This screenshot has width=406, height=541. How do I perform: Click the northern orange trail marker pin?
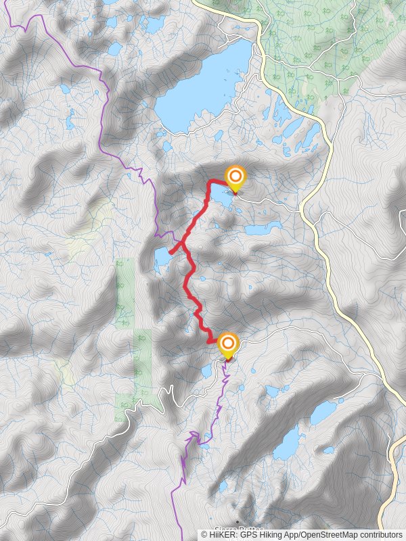[235, 179]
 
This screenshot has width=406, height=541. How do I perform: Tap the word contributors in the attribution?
[378, 534]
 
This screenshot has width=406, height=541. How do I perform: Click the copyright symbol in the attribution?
[204, 534]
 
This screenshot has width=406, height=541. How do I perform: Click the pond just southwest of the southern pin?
[207, 371]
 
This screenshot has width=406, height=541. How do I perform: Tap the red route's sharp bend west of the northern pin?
[209, 181]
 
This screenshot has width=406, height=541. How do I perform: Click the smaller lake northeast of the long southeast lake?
[323, 412]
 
